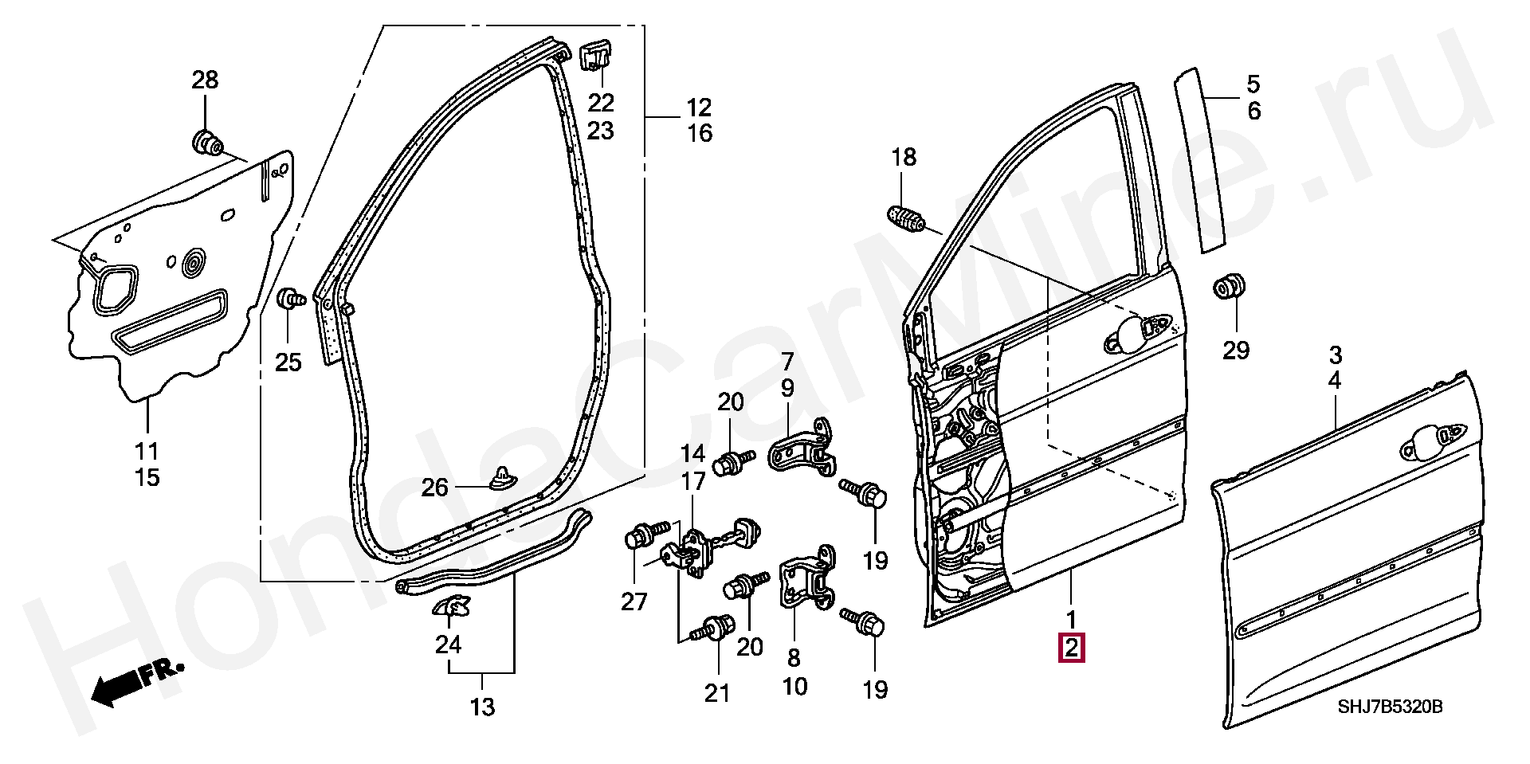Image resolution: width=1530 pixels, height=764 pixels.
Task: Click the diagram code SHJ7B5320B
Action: [x=1390, y=707]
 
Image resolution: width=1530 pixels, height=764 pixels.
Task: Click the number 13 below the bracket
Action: [x=483, y=707]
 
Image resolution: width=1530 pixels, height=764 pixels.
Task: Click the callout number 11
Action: [x=147, y=452]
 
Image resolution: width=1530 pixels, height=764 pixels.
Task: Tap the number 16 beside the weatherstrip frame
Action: [x=700, y=133]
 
